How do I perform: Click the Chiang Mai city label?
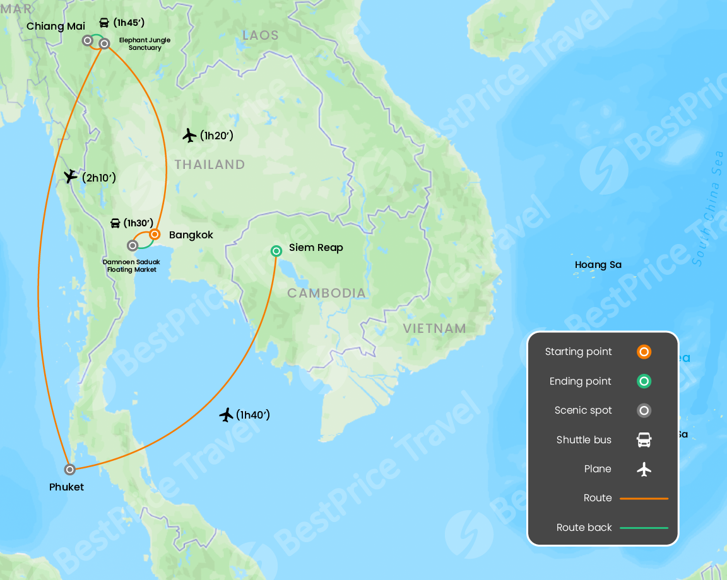pos(56,26)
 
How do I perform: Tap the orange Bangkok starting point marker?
pos(155,234)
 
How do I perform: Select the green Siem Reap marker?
pos(276,251)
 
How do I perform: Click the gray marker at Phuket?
pos(70,469)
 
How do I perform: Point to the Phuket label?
pos(66,487)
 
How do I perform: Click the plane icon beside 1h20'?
pos(189,135)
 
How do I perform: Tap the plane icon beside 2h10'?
pos(70,177)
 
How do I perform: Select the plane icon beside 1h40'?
pos(227,414)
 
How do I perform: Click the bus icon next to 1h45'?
pos(104,23)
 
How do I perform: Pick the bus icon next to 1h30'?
pos(115,223)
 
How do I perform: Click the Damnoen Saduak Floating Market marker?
pos(133,245)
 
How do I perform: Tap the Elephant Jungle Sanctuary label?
pos(145,44)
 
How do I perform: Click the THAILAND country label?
pos(210,165)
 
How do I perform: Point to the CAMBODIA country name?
pos(326,293)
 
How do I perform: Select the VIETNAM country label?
pos(434,328)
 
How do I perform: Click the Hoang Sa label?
pos(598,265)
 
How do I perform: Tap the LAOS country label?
pos(260,35)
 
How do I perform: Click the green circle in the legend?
pos(644,381)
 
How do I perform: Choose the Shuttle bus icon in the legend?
pos(644,440)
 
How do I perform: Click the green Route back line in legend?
pos(644,528)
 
